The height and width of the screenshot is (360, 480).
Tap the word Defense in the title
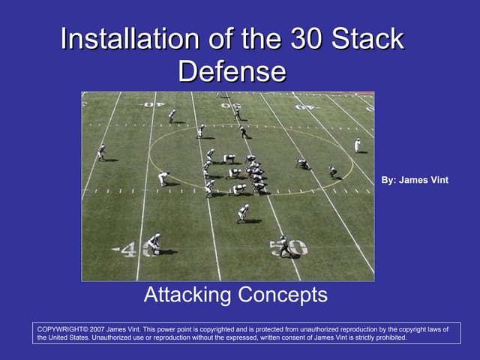pos(232,71)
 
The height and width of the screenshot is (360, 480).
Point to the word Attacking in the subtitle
pos(187,295)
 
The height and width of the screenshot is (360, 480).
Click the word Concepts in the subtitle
pos(282,295)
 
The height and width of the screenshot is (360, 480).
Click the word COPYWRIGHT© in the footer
pos(62,329)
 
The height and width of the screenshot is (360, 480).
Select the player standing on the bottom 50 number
pos(283,245)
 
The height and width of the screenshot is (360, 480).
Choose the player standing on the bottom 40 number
pos(154,243)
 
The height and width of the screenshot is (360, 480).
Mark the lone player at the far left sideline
pos(101,152)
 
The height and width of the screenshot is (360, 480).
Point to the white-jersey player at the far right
pos(357,145)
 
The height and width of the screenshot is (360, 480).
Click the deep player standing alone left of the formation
pos(163,178)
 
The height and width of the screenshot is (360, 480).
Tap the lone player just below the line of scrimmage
pos(243,213)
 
